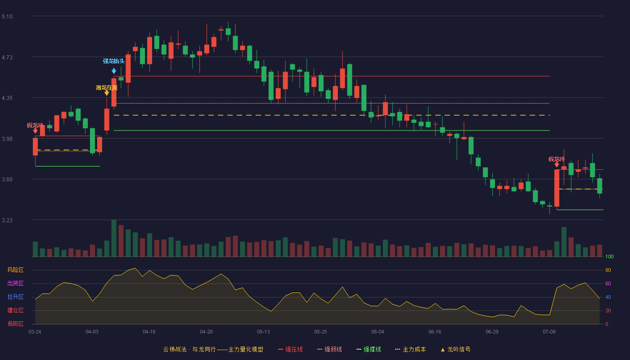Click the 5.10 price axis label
[x=7, y=17]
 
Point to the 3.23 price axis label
[x=7, y=220]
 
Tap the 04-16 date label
[x=149, y=332]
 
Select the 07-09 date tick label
[x=549, y=332]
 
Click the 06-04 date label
[x=378, y=332]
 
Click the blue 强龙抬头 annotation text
[x=113, y=61]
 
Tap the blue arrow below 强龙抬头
[x=114, y=71]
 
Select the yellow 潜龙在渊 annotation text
[x=106, y=88]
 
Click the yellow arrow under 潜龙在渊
[x=107, y=93]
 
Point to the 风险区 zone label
[x=15, y=270]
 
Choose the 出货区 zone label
[x=15, y=283]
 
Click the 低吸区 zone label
[x=15, y=324]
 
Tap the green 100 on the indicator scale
[x=609, y=256]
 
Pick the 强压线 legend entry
[x=290, y=349]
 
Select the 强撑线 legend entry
[x=369, y=349]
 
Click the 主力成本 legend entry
[x=410, y=349]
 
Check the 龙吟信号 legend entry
[x=455, y=349]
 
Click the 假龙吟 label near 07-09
[x=556, y=159]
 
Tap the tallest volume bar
[x=114, y=238]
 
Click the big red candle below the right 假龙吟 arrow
[x=557, y=188]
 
